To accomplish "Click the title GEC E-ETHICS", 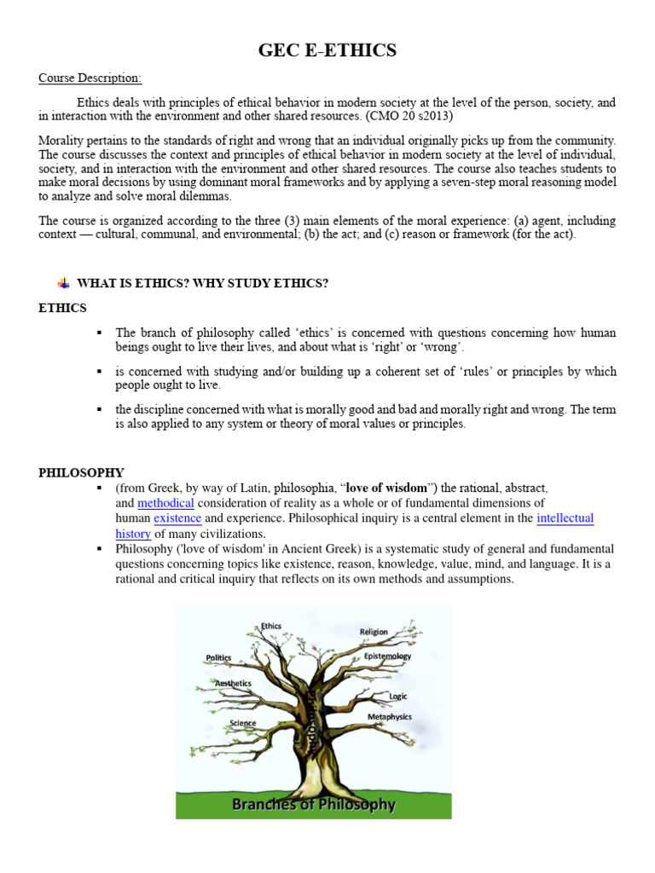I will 327,51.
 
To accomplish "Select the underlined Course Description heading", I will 90,78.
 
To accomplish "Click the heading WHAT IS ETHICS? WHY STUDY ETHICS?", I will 202,284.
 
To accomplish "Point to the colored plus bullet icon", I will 63,284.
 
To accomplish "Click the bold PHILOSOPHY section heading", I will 81,472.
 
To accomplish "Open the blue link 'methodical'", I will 165,503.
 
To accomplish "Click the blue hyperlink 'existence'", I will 177,518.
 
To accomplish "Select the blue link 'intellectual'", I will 565,518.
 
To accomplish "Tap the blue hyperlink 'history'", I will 133,534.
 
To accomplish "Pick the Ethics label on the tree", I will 270,626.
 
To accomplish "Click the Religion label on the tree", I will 374,632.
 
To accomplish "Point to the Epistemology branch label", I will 387,656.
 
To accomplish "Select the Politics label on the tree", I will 218,657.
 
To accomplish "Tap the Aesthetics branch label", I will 233,683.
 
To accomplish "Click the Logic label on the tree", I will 397,696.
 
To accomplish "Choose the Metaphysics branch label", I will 389,717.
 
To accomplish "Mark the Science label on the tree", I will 242,723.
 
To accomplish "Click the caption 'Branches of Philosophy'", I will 314,804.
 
